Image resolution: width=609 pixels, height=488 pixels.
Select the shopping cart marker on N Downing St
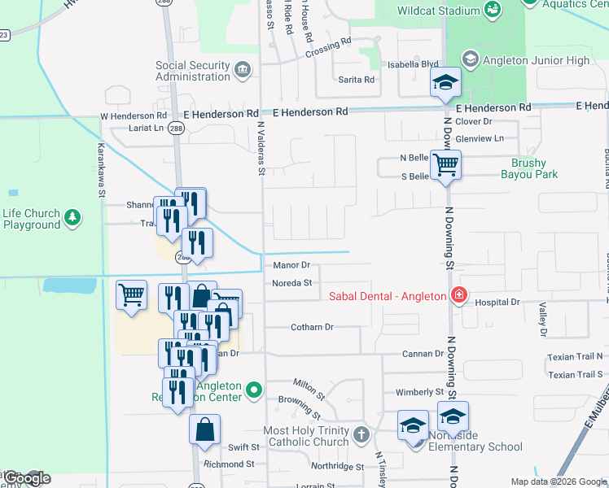click(445, 165)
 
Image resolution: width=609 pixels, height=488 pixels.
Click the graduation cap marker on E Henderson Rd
click(445, 82)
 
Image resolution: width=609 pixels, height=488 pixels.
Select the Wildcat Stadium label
click(437, 11)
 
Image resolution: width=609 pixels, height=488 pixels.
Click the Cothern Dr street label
click(312, 327)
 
